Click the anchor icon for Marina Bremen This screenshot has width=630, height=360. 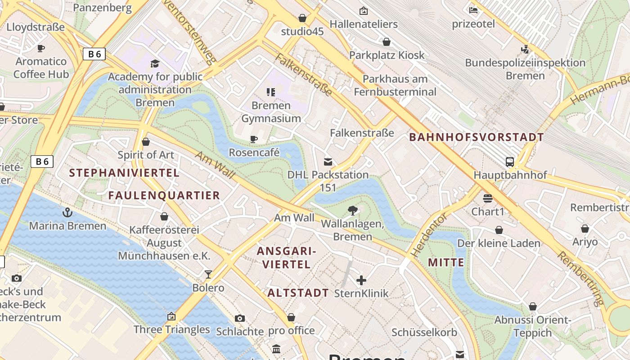(x=67, y=212)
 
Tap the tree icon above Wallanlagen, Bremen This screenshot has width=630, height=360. (x=353, y=210)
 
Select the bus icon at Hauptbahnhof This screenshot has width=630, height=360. (x=509, y=162)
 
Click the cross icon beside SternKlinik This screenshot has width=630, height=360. (x=361, y=281)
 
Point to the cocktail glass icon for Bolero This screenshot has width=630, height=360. (x=208, y=274)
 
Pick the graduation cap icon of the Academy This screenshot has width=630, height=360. (x=155, y=63)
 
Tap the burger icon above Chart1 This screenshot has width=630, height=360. (x=488, y=198)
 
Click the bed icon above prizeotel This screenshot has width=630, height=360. (x=473, y=10)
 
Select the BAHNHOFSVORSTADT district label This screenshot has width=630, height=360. (x=477, y=137)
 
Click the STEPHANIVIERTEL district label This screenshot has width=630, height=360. (x=124, y=173)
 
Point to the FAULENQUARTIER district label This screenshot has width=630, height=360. (x=164, y=195)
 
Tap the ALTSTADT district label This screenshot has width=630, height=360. (x=298, y=293)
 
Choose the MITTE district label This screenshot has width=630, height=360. (x=446, y=262)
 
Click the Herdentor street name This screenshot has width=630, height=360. (x=429, y=235)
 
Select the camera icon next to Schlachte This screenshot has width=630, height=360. (x=240, y=319)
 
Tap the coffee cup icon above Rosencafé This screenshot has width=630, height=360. (x=254, y=139)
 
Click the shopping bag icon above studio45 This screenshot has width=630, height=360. (x=302, y=18)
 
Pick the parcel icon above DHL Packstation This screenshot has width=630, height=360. (x=328, y=162)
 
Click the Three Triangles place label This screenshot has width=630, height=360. (x=172, y=329)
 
